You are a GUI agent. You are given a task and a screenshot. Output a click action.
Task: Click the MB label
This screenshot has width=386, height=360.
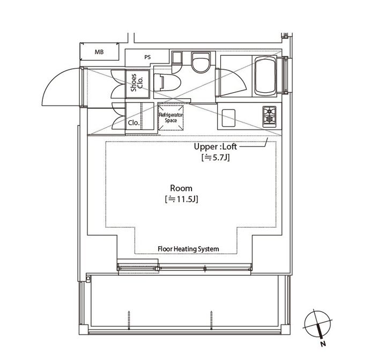point(99,52)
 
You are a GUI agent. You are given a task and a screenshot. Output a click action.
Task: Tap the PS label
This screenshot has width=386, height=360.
point(147,57)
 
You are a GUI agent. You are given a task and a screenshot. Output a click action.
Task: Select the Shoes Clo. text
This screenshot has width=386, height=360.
point(137,83)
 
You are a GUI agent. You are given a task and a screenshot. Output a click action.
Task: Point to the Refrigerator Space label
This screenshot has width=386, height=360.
point(171,117)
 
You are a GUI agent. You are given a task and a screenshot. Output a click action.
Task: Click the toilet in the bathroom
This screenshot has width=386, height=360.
point(167,83)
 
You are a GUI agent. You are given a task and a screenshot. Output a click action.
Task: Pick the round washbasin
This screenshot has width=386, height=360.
point(201,63)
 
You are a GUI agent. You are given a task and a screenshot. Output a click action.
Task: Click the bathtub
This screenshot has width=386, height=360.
point(265,76)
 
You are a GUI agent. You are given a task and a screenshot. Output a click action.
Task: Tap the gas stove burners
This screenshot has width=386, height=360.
point(270,116)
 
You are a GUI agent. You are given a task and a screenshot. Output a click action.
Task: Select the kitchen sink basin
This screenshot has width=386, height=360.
point(228,118)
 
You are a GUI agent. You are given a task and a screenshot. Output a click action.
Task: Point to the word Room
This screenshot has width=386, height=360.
point(181,188)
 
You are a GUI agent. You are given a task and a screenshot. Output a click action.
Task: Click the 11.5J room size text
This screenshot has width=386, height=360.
point(181,199)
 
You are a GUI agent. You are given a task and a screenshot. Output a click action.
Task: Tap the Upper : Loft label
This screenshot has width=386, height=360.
point(215,146)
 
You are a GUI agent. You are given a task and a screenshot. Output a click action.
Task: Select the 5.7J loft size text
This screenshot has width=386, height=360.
point(216,157)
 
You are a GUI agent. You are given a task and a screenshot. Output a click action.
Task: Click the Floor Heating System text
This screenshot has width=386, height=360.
point(188,249)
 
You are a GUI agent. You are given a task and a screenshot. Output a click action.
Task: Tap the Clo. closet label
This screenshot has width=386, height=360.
point(133,123)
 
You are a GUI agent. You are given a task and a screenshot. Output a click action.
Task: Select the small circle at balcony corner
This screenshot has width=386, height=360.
point(88,278)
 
